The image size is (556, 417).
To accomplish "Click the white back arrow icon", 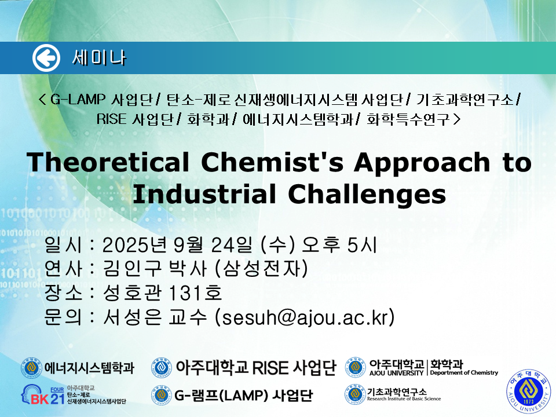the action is (46, 58).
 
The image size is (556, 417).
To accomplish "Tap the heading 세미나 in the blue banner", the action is (99, 58).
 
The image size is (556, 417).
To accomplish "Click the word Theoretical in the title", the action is (108, 162).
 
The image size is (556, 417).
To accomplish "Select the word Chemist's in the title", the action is (272, 162).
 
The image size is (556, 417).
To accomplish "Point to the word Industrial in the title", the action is (204, 194).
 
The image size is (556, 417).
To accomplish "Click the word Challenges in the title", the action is (367, 195).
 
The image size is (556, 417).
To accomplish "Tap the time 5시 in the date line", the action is (362, 244).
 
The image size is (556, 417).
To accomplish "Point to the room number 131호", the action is (195, 292).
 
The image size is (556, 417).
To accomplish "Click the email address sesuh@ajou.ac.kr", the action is (305, 317).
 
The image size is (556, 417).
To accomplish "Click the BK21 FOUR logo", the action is (74, 394).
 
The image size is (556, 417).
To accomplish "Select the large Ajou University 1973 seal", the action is (529, 391).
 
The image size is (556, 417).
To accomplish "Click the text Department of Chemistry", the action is (464, 372).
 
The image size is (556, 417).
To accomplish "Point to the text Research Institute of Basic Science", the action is (404, 399).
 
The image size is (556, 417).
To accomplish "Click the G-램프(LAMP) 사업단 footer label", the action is (244, 395).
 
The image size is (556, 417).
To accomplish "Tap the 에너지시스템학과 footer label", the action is (89, 368).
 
